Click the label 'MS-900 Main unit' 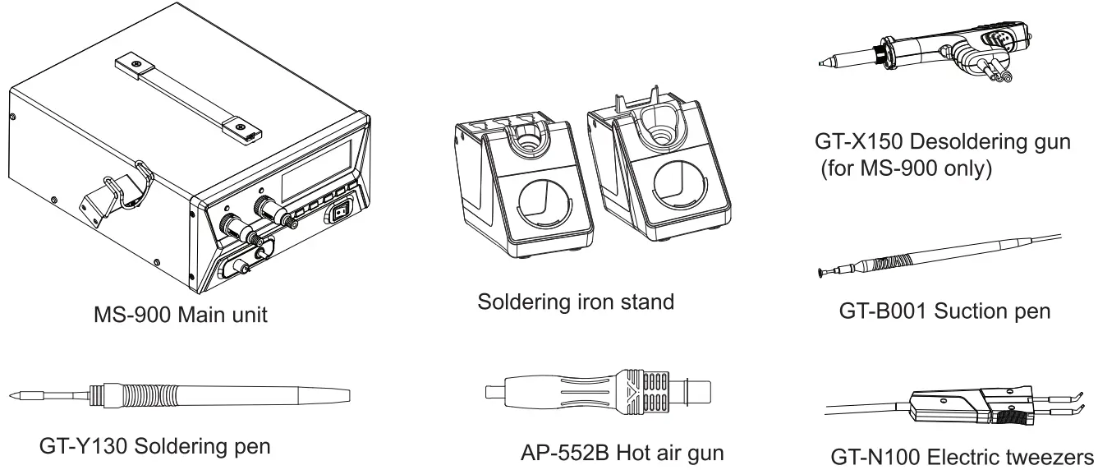tap(179, 315)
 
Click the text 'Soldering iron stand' tap(576, 302)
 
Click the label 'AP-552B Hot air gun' tap(623, 454)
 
